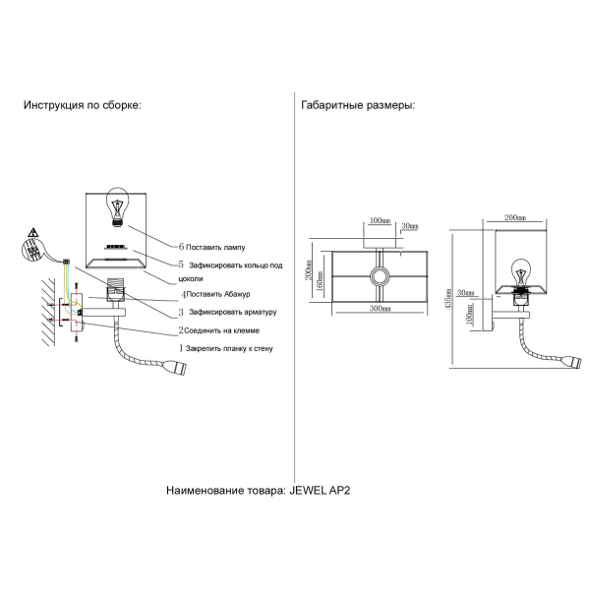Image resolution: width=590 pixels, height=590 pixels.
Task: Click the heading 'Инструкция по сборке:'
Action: [83, 106]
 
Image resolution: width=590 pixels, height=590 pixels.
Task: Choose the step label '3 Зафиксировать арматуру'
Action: [220, 313]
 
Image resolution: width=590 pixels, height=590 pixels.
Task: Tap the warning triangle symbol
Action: [33, 233]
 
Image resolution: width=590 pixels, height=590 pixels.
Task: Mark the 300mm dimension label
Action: [380, 310]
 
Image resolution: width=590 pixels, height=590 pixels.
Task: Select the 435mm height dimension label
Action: [446, 301]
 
